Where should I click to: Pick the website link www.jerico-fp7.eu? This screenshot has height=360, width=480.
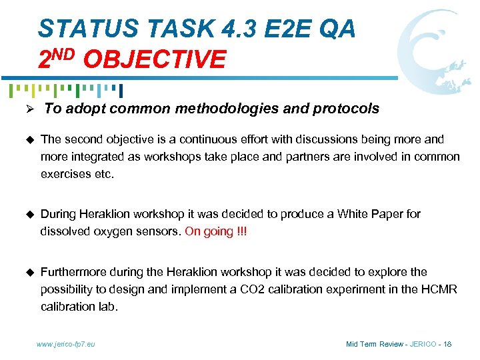pyautogui.click(x=65, y=344)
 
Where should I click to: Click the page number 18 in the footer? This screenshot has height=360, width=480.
pyautogui.click(x=447, y=344)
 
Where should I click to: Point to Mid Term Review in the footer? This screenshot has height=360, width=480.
pyautogui.click(x=375, y=344)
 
